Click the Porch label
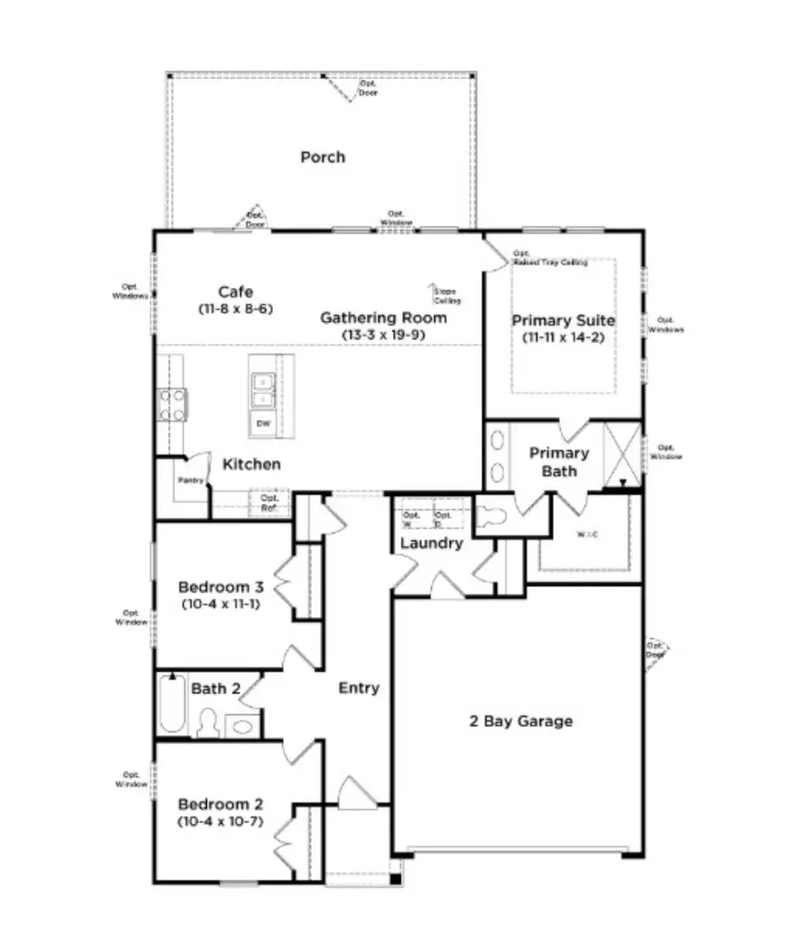[323, 158]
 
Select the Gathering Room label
[383, 318]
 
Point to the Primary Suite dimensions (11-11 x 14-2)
[563, 337]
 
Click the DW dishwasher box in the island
[263, 424]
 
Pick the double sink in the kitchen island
[262, 389]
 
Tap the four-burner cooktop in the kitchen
[172, 403]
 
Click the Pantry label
[190, 480]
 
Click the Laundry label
[430, 543]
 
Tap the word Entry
[359, 688]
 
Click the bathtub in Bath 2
[172, 704]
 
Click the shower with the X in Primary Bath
[623, 451]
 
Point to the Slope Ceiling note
[444, 296]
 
